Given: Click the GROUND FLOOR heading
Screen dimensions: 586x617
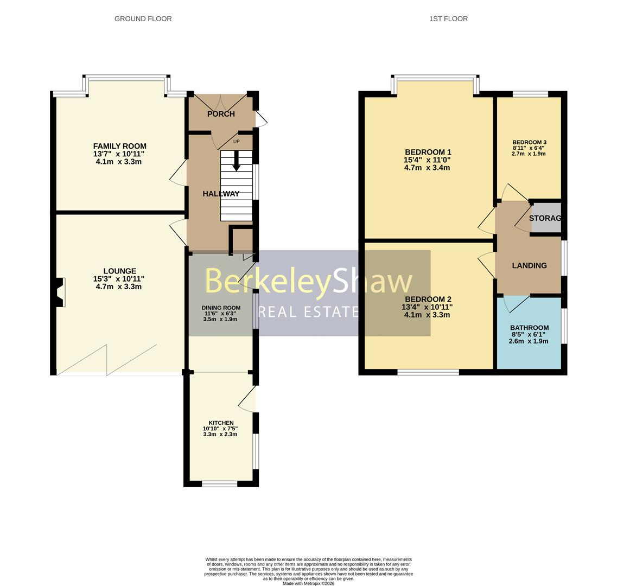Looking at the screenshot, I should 143,18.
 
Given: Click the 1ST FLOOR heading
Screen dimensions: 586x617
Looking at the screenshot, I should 448,18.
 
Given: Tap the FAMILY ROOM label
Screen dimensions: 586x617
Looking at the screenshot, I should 119,146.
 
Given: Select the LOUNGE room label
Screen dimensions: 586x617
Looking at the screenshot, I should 119,271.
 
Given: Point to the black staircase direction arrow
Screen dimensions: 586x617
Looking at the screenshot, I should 236,161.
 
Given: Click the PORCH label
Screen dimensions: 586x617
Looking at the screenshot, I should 221,114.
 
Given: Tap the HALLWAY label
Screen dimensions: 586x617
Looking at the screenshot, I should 221,194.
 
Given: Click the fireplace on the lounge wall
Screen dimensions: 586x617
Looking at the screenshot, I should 60,292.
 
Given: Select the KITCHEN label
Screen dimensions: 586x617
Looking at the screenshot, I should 221,423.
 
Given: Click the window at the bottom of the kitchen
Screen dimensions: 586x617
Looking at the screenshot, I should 219,483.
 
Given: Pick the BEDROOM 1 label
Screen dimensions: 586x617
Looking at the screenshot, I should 428,152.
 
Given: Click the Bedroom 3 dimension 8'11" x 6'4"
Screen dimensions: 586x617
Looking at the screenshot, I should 529,148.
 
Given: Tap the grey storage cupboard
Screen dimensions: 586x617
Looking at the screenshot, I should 546,218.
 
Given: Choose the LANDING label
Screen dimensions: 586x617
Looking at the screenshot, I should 529,265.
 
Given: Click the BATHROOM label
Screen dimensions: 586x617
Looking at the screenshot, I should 529,328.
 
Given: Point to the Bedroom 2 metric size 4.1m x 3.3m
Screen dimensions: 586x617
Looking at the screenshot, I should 427,315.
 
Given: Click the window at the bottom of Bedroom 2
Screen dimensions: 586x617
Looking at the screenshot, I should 428,372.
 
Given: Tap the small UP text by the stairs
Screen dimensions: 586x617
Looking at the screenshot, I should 236,142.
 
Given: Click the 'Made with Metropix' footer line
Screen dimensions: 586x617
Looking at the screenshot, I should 308,583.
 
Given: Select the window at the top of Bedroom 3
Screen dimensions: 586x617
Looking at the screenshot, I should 530,94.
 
